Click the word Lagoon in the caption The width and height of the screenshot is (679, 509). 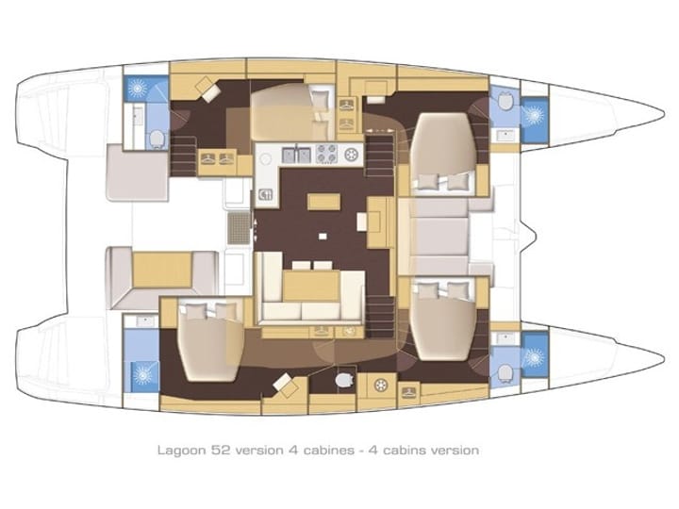pyautogui.click(x=179, y=451)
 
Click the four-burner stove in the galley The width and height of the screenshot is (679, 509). pyautogui.click(x=326, y=153)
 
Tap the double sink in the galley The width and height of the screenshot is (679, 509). pyautogui.click(x=298, y=153)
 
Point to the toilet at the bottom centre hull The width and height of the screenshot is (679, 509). pyautogui.click(x=344, y=382)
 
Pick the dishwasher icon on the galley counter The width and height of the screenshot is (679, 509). pyautogui.click(x=266, y=196)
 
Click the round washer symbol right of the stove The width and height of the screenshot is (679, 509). pyautogui.click(x=353, y=154)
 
